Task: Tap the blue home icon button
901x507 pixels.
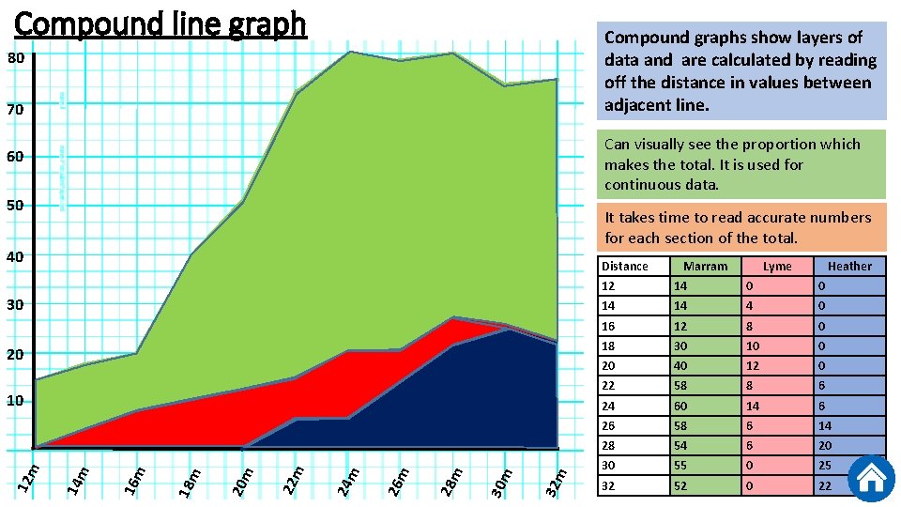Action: click(871, 478)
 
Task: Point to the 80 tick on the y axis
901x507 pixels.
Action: click(16, 58)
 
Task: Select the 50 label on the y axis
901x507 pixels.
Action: click(16, 206)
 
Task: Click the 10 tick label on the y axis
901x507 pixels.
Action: click(16, 402)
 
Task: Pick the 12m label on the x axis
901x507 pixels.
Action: click(31, 475)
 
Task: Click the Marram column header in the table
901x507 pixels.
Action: click(705, 267)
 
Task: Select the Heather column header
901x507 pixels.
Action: click(849, 267)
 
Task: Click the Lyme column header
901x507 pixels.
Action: click(777, 267)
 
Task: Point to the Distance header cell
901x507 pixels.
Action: click(625, 267)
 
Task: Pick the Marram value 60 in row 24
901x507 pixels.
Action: click(680, 406)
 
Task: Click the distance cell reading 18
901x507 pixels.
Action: click(609, 346)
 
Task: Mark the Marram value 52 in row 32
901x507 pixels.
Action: click(680, 485)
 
